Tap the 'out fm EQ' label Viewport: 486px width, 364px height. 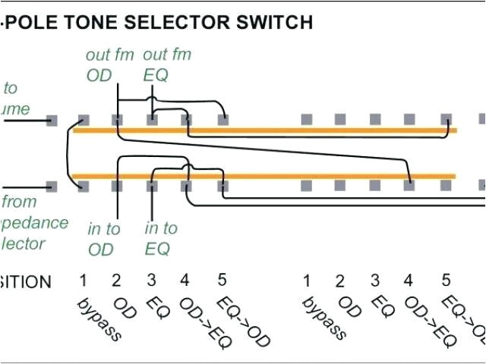pyautogui.click(x=166, y=64)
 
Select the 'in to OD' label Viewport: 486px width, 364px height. pyautogui.click(x=104, y=238)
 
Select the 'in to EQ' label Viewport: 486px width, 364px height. pyautogui.click(x=161, y=238)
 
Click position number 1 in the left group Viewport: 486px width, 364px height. pyautogui.click(x=83, y=281)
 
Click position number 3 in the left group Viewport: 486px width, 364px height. pyautogui.click(x=151, y=281)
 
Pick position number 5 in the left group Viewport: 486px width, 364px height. pyautogui.click(x=222, y=281)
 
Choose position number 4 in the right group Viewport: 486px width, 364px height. pyautogui.click(x=409, y=281)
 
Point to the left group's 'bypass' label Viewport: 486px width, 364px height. pyautogui.click(x=99, y=318)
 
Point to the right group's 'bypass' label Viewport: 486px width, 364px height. pyautogui.click(x=324, y=318)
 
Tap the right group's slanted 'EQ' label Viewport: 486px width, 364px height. pyautogui.click(x=382, y=306)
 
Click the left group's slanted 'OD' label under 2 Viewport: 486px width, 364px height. pyautogui.click(x=125, y=307)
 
